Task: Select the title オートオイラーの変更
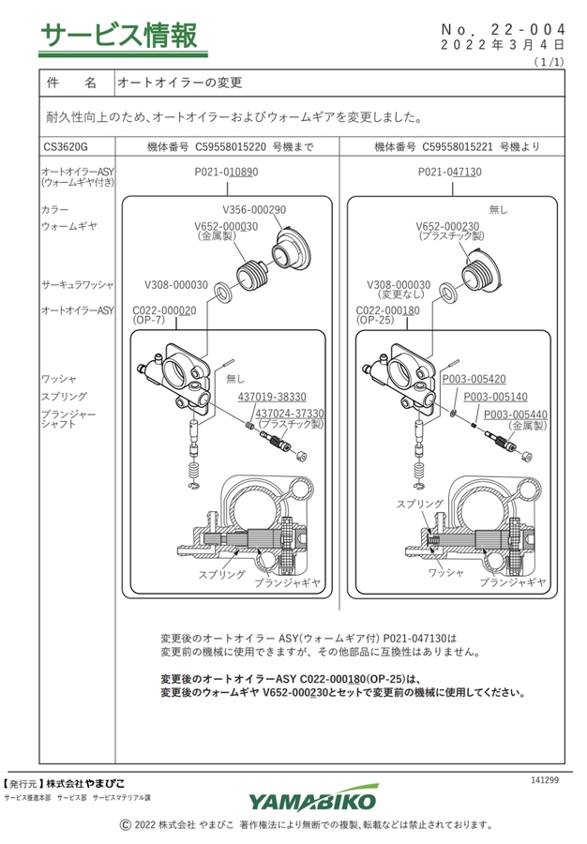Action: click(x=179, y=83)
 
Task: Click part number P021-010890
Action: click(x=226, y=173)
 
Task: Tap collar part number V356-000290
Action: click(x=254, y=210)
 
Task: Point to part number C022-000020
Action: click(x=165, y=309)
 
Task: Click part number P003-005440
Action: click(x=516, y=414)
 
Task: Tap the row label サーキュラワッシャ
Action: click(x=78, y=284)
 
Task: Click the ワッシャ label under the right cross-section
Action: click(x=446, y=572)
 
